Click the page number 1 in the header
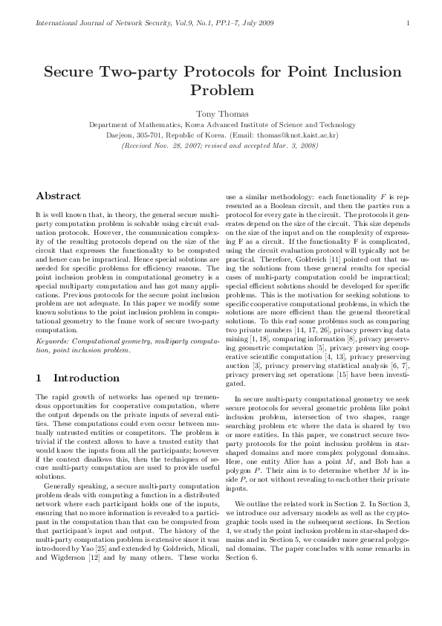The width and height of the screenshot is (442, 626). [x=409, y=24]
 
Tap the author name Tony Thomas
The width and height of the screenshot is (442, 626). [x=222, y=114]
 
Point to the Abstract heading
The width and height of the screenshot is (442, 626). [x=58, y=196]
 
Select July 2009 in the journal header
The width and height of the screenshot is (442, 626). [x=258, y=24]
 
